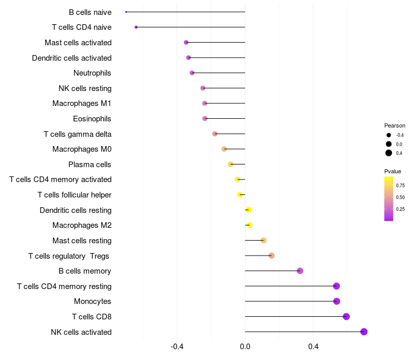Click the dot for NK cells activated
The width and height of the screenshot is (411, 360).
(364, 332)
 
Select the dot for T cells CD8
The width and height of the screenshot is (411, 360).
(346, 316)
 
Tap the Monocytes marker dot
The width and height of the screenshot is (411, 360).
(337, 301)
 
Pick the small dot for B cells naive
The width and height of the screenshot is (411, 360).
(126, 12)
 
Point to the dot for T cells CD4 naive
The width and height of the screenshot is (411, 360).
(136, 27)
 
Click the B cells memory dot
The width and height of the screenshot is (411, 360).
(300, 271)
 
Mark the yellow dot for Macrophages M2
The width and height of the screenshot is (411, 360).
(250, 225)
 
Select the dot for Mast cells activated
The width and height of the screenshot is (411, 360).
(186, 42)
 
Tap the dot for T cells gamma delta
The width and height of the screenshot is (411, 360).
(215, 134)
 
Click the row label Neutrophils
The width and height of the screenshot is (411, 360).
(92, 73)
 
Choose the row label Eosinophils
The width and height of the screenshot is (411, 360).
(92, 119)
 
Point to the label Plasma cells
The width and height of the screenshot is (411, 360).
(90, 165)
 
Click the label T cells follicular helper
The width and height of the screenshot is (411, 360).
(74, 195)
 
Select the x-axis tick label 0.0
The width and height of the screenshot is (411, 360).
(245, 347)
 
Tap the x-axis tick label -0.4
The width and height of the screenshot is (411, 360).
(177, 347)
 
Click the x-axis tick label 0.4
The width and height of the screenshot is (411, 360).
(313, 347)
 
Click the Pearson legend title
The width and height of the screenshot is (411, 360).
(395, 125)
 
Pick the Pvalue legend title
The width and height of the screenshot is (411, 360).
(393, 171)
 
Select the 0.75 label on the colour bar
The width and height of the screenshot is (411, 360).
(401, 185)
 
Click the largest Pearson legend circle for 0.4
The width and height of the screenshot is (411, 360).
(389, 153)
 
